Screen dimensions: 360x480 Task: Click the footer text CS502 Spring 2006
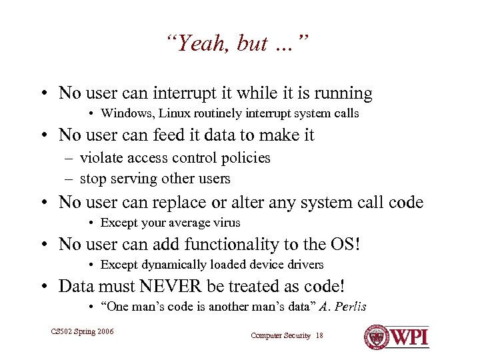click(x=82, y=331)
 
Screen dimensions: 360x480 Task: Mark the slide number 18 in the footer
click(x=319, y=335)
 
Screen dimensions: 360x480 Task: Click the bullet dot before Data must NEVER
click(x=42, y=287)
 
